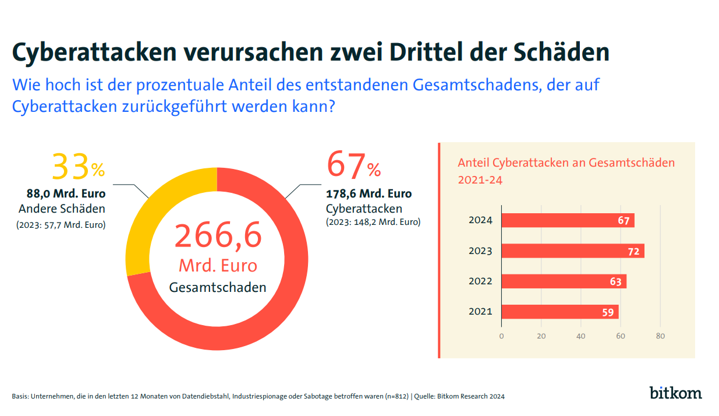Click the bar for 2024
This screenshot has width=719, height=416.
568,221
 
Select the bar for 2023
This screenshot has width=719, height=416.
573,251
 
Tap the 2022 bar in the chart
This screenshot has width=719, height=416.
564,281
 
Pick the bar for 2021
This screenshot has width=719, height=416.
559,312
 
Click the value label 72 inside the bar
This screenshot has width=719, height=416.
634,252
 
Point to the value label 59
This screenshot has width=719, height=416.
608,312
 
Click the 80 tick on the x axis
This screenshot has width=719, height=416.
660,336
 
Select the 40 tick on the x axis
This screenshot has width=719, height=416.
581,336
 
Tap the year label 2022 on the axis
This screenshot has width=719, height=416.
480,281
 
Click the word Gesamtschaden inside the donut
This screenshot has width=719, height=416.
218,287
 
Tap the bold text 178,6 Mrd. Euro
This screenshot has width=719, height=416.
369,194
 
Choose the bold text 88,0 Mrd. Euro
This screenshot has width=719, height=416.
66,194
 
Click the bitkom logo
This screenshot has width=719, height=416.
675,392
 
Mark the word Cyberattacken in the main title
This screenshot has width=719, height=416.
94,52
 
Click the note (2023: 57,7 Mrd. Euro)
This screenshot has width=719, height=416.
61,224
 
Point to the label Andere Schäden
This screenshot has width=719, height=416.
62,209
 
